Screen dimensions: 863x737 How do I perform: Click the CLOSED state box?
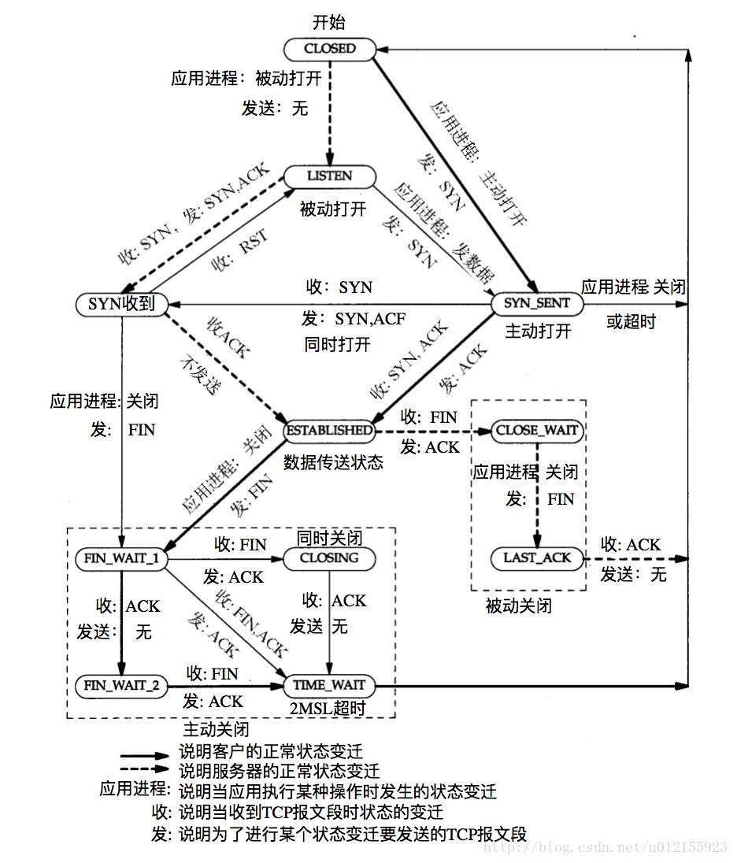[x=330, y=49]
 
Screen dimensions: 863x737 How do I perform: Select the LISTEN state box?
[x=329, y=176]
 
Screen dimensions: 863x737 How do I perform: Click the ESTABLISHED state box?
[x=329, y=431]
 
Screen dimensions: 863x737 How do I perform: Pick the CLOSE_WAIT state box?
[x=538, y=431]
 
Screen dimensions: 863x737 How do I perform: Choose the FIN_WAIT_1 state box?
[x=121, y=558]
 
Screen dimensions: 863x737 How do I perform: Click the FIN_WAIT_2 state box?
[x=121, y=686]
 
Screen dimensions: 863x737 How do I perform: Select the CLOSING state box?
[x=329, y=558]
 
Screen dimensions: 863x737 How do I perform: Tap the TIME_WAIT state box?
[x=329, y=686]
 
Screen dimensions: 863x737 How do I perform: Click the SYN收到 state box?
[x=121, y=303]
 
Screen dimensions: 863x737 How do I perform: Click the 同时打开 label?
[x=337, y=345]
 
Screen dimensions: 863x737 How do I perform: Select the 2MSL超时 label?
[x=328, y=708]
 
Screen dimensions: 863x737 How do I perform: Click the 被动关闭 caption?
[x=518, y=606]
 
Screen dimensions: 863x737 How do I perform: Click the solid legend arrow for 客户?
[x=145, y=754]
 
